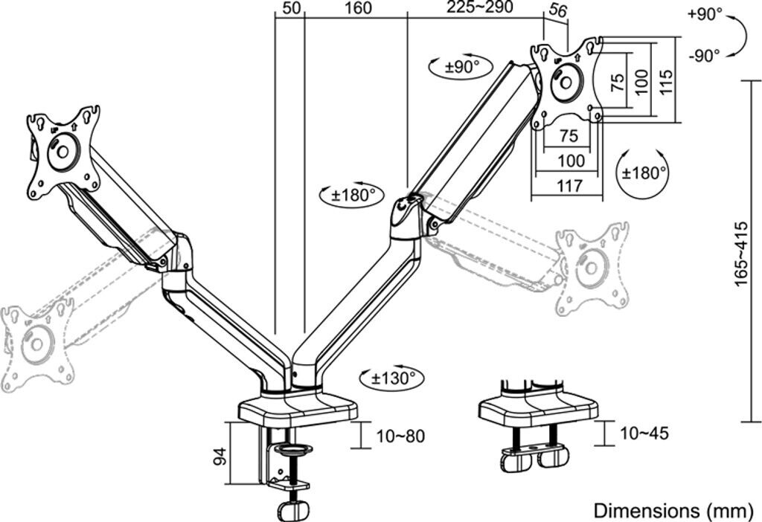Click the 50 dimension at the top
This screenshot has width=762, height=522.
click(291, 8)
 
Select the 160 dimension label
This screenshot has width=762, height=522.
click(358, 8)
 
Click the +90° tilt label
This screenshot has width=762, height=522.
click(705, 14)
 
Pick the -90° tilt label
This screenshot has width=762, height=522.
click(705, 54)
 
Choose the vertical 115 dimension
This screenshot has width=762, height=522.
click(666, 80)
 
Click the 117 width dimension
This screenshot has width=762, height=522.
click(569, 186)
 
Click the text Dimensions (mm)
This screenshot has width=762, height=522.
click(672, 510)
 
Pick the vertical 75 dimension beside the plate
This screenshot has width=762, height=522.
click(617, 82)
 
